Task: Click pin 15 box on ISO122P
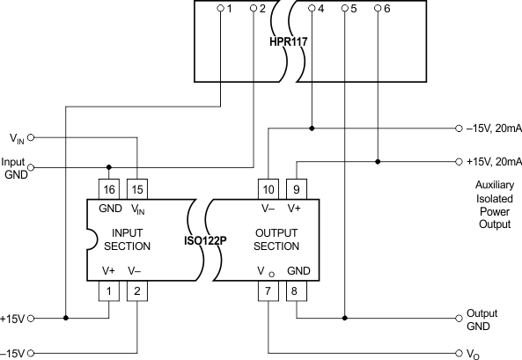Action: tap(137, 188)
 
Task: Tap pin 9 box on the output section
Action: tap(297, 188)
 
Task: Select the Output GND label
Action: tap(482, 320)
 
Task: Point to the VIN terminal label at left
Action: tap(17, 138)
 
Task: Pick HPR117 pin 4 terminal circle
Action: tap(313, 10)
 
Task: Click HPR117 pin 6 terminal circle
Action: tap(379, 10)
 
